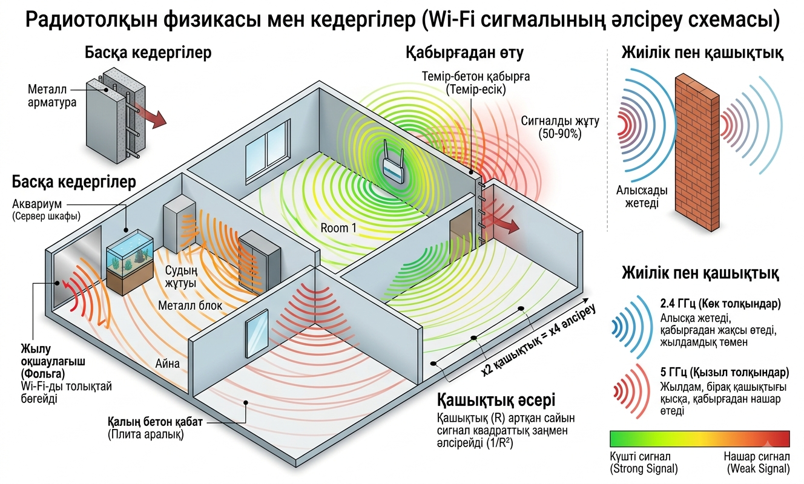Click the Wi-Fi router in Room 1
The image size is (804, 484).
pos(393,162)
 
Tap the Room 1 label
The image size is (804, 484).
pos(338,228)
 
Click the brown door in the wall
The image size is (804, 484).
pos(461,231)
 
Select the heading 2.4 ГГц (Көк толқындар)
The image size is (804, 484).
pos(720,304)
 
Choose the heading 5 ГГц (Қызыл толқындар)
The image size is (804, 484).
pos(725,373)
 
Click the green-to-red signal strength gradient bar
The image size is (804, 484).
pos(699,439)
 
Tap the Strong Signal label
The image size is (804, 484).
pos(644,468)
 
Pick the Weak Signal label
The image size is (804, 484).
pos(758,468)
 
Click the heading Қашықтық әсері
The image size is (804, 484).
pos(496,400)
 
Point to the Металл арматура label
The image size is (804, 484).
pos(52,96)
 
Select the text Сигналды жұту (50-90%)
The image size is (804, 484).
pos(560,128)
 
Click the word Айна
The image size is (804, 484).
pos(167,364)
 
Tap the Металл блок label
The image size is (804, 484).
pos(190,306)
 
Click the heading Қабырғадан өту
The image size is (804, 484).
pos(464,53)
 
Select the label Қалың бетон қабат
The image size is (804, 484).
pos(155,422)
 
